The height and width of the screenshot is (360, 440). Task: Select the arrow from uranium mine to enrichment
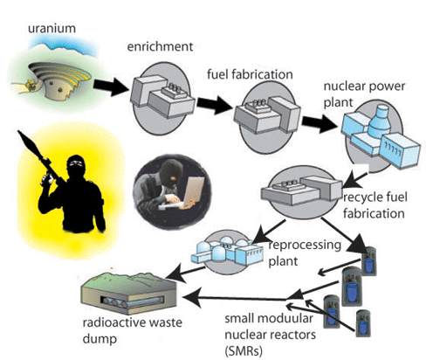tap(107, 85)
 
